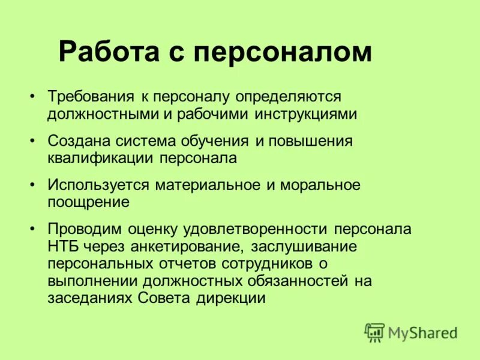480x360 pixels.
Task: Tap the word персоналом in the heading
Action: point(282,52)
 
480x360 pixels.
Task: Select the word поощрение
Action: point(89,202)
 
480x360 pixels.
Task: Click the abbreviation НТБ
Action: point(61,247)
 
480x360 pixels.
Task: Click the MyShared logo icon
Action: point(374,331)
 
